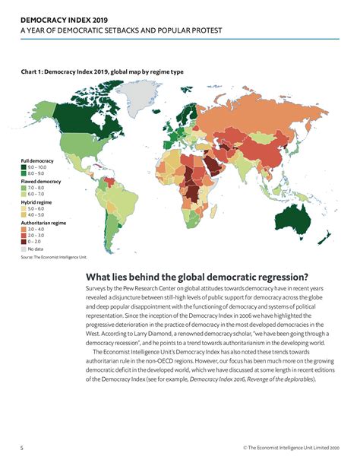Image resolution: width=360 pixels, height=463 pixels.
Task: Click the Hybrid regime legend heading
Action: coord(37,201)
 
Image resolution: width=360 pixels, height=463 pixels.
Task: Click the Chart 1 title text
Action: coord(102,71)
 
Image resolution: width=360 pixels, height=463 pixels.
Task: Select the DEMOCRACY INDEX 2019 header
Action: coord(59,17)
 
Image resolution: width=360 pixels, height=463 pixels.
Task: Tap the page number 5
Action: coord(22,448)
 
